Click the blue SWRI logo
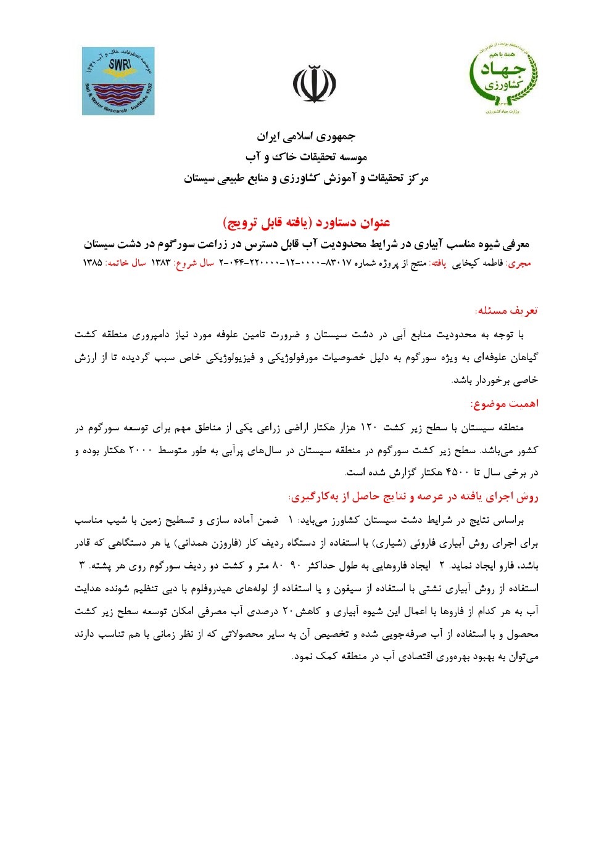tap(118, 81)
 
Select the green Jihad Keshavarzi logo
tap(500, 78)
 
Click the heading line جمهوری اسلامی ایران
tap(306, 136)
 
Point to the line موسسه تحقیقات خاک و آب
tap(306, 157)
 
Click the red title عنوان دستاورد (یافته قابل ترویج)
tap(306, 222)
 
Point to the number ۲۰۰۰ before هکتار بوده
tap(140, 450)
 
